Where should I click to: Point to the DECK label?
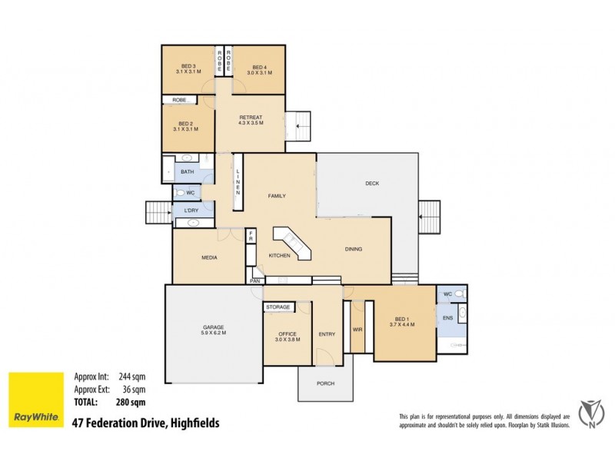372,183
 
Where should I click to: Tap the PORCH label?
326,383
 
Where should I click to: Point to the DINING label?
354,249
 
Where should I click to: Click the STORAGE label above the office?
278,307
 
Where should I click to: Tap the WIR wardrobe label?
357,330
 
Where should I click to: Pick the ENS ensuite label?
447,317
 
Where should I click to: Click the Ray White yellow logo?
35,400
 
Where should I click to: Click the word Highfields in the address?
194,423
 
